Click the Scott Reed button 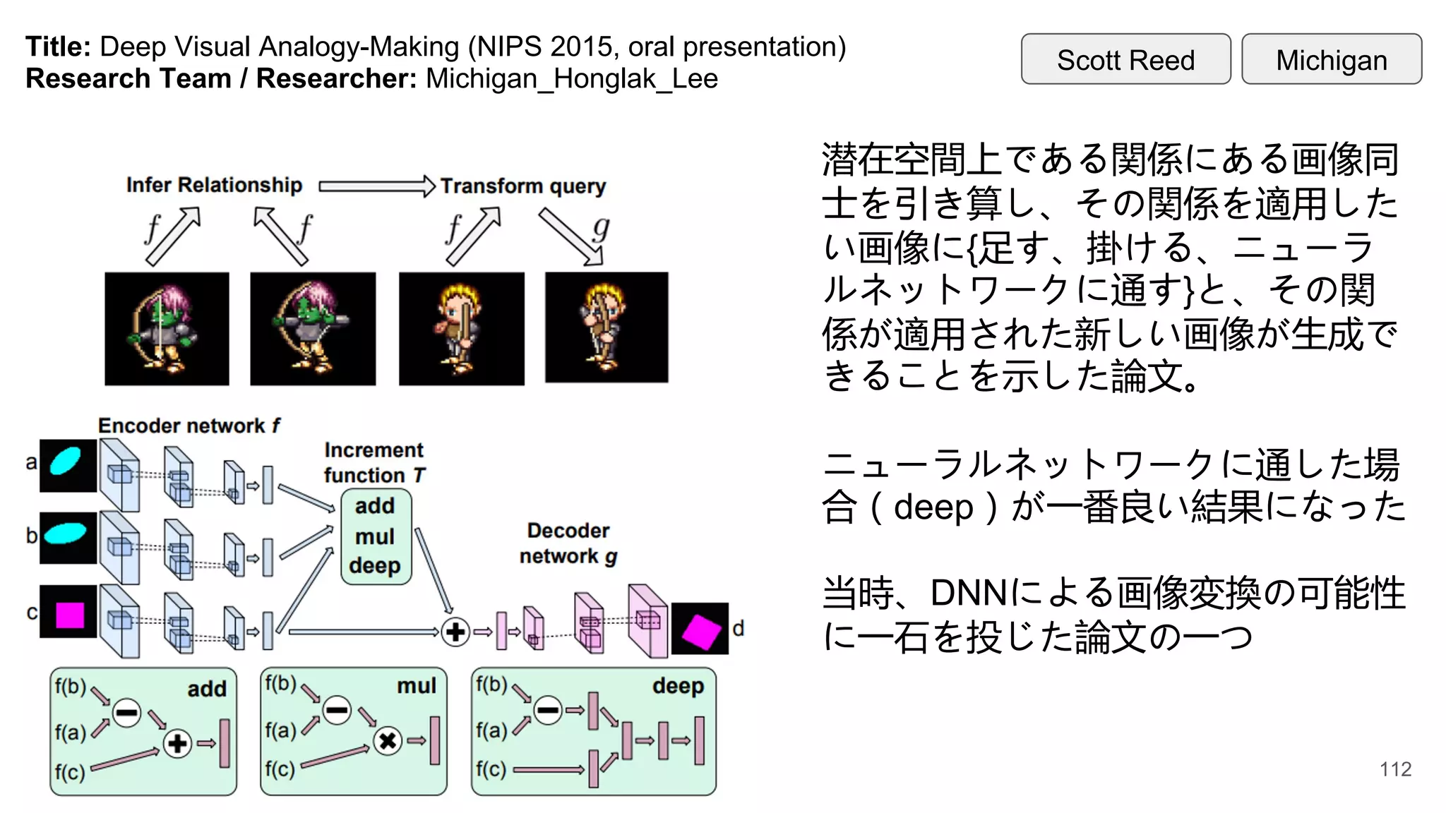point(1125,59)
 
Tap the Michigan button point(1331,59)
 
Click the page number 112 point(1395,769)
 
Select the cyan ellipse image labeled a point(68,465)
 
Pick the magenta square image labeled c point(68,612)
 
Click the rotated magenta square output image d point(699,629)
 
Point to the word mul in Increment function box point(375,536)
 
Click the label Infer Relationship point(214,185)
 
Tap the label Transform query point(523,186)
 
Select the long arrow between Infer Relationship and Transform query point(376,186)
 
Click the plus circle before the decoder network point(455,632)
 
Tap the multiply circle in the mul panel point(388,740)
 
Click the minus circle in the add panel point(127,712)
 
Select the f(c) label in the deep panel point(491,769)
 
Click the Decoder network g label point(568,543)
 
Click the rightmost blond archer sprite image point(607,327)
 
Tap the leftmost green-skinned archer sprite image point(167,329)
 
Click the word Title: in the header point(58,47)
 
